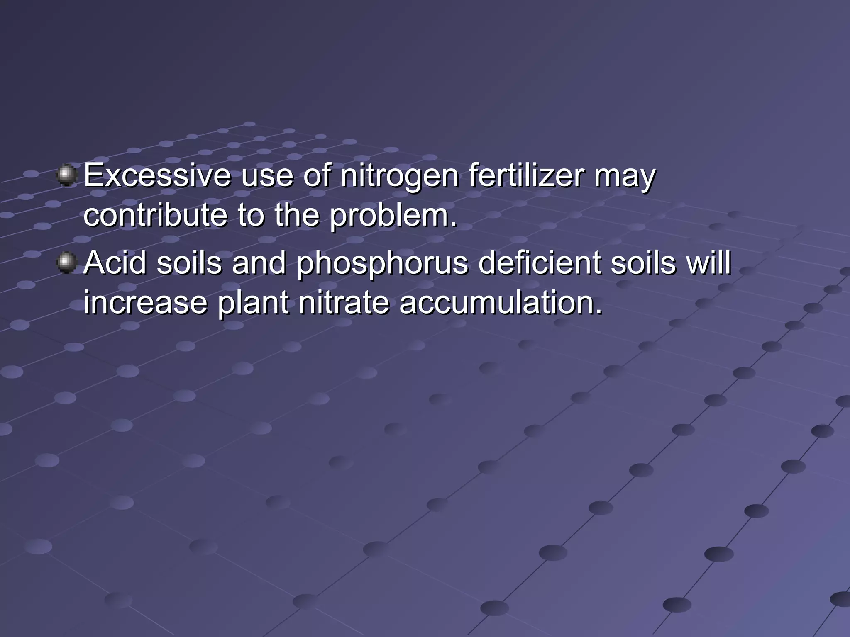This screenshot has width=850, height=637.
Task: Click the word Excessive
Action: (x=157, y=176)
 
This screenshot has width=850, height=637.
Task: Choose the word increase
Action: (x=145, y=302)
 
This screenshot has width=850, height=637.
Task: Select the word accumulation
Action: (x=501, y=302)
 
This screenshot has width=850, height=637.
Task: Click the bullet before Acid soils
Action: (x=66, y=263)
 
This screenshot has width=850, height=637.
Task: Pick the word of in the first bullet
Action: (x=317, y=176)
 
